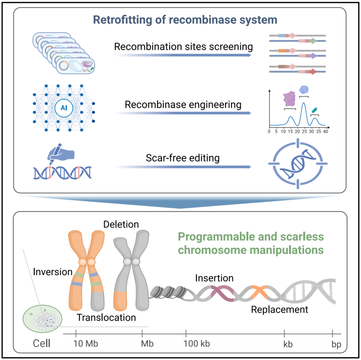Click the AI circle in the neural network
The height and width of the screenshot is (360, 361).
[64, 108]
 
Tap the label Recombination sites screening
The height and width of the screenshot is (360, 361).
[183, 46]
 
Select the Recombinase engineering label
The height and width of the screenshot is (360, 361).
[183, 105]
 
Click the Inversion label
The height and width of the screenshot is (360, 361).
[53, 272]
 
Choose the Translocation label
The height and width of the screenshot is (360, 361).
[106, 317]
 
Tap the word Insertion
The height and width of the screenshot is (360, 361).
[214, 278]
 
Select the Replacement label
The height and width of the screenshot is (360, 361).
[279, 310]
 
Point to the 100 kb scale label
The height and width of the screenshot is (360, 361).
[197, 344]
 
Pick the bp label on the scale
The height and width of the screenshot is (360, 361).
[337, 344]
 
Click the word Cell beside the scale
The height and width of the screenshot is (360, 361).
[41, 343]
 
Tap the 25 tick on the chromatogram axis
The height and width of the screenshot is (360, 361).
[304, 132]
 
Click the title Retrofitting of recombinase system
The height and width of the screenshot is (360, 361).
[185, 20]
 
